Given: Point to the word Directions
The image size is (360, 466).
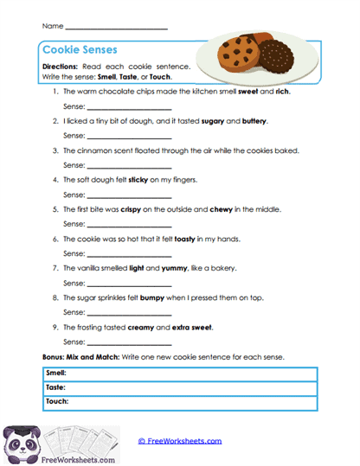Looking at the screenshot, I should [x=62, y=67].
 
